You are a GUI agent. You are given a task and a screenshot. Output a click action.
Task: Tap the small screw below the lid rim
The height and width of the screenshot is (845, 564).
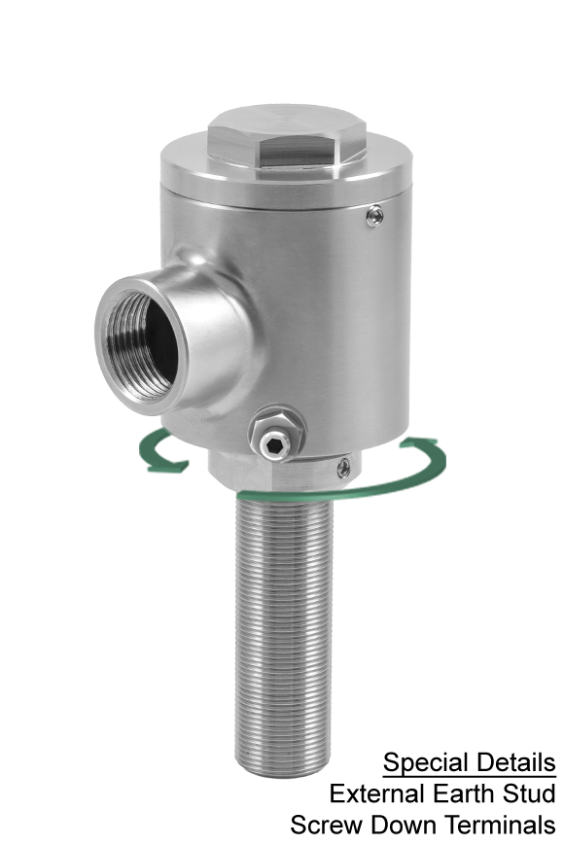click(375, 216)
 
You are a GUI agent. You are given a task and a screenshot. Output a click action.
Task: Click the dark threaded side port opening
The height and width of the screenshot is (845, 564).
click(143, 345)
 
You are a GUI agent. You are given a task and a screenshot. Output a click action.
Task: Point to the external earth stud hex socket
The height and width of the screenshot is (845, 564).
click(274, 445)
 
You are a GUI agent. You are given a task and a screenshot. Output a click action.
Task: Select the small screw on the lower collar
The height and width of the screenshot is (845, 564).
click(343, 468)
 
